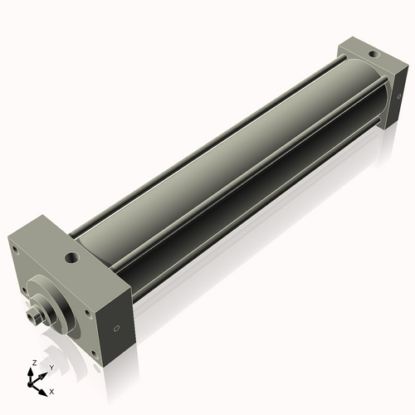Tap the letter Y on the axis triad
(x=51, y=368)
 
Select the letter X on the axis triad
(x=51, y=390)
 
